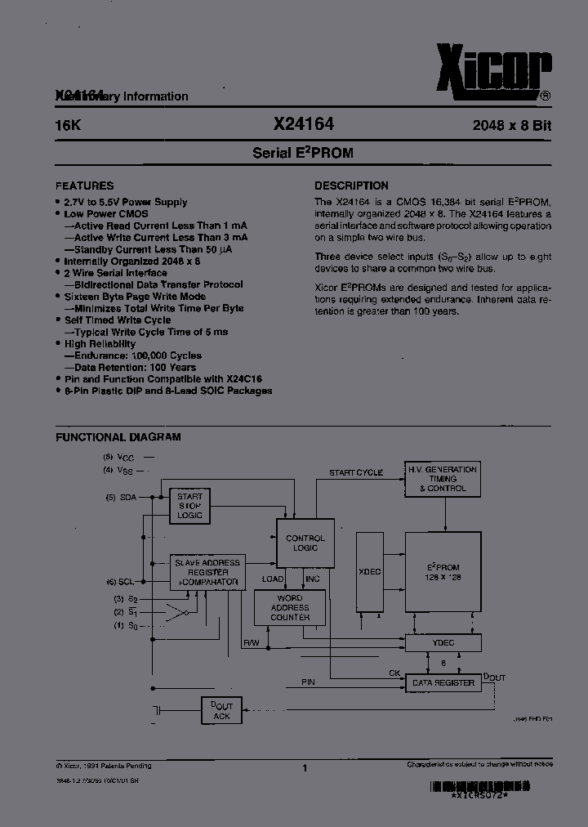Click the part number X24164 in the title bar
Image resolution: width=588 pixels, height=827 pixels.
pos(304,125)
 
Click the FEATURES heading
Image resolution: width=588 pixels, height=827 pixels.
pos(84,186)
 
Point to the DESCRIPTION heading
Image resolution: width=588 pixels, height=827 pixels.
pos(351,186)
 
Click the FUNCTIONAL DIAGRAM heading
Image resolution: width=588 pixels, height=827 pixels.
pos(118,437)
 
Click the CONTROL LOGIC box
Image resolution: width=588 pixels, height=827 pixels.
pos(305,543)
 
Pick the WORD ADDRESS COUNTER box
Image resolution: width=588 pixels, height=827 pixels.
pos(290,608)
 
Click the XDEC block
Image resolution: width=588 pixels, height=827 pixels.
pos(370,572)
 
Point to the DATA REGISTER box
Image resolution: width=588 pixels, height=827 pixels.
pos(443,682)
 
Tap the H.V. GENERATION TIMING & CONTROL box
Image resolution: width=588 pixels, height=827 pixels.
pos(443,479)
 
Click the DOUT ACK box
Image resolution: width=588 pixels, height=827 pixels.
pos(221,711)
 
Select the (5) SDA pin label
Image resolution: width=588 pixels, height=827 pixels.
pos(122,497)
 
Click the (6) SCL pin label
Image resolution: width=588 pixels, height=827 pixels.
pos(122,582)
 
